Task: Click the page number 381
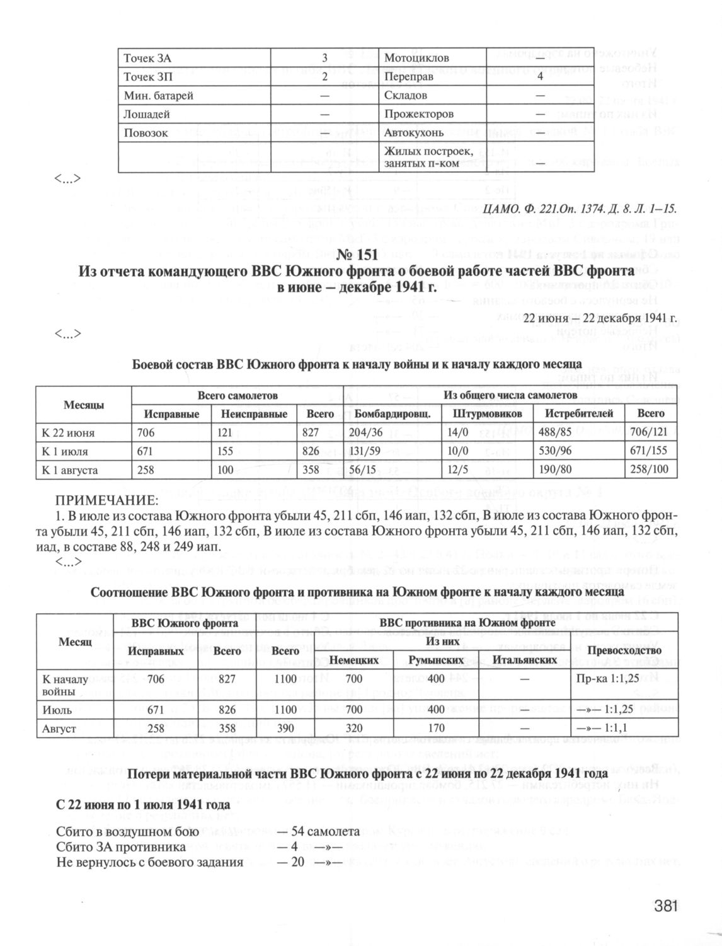click(665, 907)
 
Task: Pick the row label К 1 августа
click(70, 470)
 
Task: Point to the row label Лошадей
click(146, 115)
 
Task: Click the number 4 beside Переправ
click(540, 77)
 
